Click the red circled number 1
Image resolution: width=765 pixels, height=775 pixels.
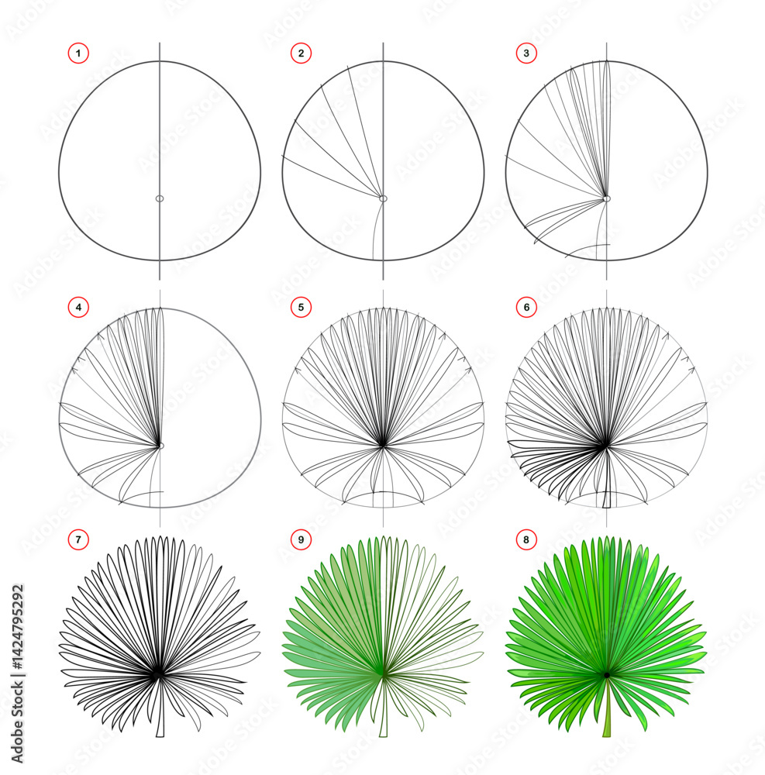coord(78,53)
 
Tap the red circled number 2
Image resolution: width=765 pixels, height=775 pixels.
coord(301,53)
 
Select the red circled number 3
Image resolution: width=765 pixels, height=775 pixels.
coord(526,53)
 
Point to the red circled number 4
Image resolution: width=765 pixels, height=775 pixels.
coord(78,308)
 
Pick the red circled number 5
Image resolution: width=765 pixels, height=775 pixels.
coord(301,308)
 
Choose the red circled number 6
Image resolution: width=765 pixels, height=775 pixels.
coord(526,308)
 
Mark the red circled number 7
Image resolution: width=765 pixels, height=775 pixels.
coord(78,539)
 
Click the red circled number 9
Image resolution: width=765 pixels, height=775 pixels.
coord(301,539)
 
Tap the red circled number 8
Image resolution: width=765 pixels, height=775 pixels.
coord(526,539)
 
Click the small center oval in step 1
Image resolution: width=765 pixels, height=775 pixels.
coord(160,198)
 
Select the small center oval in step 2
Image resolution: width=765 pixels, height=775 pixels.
coord(383,198)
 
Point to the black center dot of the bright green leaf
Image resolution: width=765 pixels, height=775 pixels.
coord(606,675)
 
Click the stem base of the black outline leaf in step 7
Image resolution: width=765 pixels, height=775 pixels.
coord(160,731)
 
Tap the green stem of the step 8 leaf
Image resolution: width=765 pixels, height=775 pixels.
coord(607,708)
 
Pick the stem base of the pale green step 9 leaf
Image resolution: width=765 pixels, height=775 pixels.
coord(383,731)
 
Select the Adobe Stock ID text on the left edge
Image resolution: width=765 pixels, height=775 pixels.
coord(17,673)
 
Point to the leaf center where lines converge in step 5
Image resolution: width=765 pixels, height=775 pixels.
coord(383,446)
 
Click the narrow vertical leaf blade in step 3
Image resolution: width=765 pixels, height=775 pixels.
coord(607,129)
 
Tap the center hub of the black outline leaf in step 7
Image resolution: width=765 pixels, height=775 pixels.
coord(158,674)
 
